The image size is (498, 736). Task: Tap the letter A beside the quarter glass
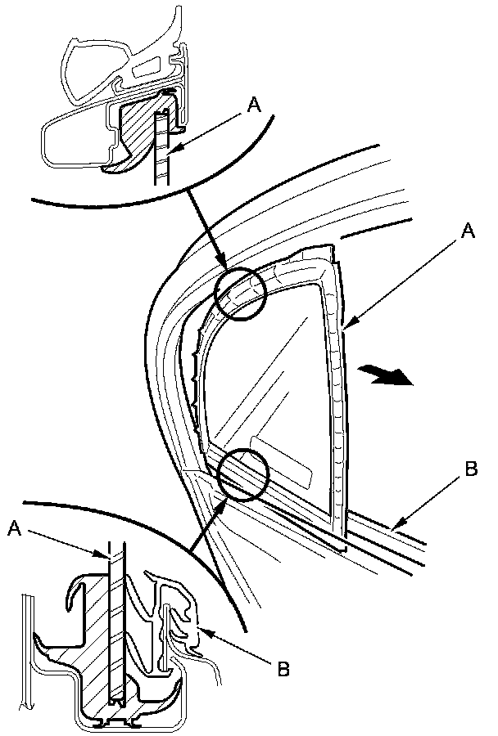(467, 231)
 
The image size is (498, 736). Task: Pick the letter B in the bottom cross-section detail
(283, 668)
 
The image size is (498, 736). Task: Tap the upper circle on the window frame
(241, 294)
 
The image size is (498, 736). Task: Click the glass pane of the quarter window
(270, 376)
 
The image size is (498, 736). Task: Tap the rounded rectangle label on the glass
(283, 464)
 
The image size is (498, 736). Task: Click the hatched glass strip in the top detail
(161, 147)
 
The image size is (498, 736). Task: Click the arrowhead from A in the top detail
(170, 148)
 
